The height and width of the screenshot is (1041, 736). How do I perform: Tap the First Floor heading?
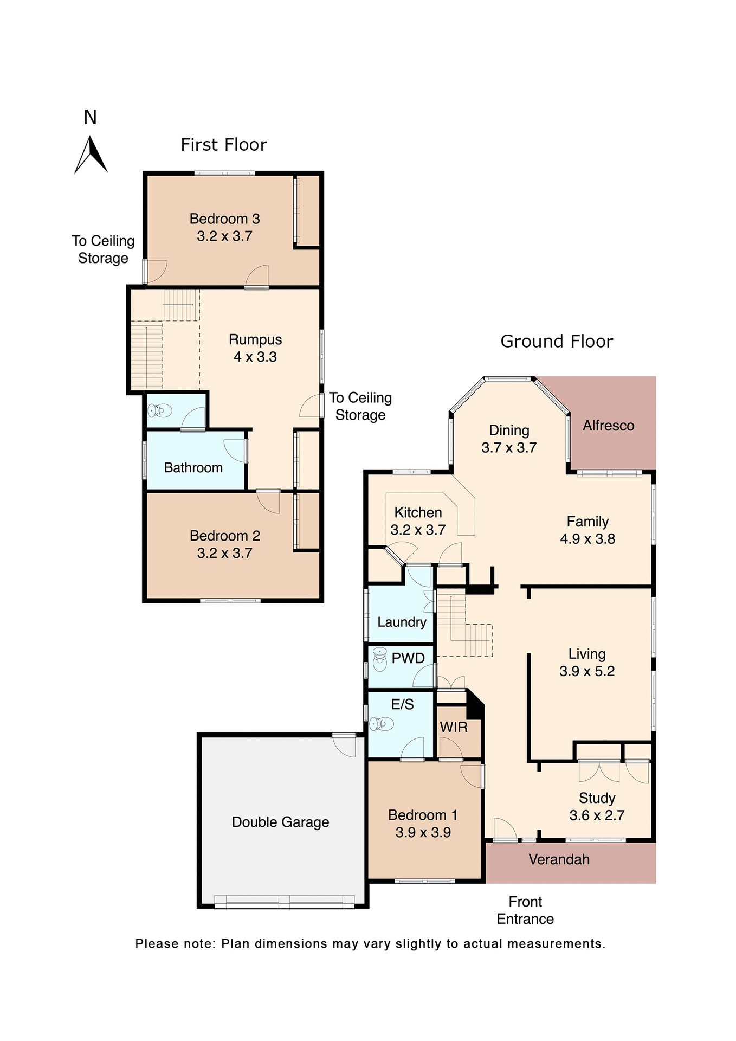click(223, 145)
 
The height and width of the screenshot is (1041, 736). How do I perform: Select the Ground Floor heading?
click(556, 342)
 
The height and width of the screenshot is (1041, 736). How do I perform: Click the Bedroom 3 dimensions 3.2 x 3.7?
click(224, 236)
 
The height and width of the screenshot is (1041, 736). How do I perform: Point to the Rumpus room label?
click(255, 340)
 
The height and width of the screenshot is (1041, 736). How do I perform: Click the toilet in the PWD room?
click(380, 659)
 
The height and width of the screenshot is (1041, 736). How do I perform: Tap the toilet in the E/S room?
click(382, 724)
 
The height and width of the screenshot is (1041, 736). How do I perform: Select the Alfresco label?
click(608, 426)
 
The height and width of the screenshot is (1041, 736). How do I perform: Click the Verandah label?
click(559, 859)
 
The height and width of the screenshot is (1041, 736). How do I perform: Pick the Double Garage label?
click(280, 822)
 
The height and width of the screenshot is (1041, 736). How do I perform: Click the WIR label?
click(454, 728)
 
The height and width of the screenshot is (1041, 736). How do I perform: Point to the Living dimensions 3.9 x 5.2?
click(587, 671)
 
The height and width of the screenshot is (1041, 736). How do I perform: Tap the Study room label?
click(597, 798)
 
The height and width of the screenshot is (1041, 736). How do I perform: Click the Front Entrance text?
click(525, 910)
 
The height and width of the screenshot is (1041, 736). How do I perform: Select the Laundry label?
click(402, 622)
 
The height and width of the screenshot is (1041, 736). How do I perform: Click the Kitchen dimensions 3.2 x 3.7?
click(418, 530)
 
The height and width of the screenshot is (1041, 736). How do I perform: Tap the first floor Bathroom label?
click(193, 468)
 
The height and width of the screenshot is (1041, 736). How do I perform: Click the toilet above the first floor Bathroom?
click(160, 411)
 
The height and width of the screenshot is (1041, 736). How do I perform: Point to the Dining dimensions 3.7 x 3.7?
click(509, 448)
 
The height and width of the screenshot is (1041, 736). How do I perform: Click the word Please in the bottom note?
click(157, 944)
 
